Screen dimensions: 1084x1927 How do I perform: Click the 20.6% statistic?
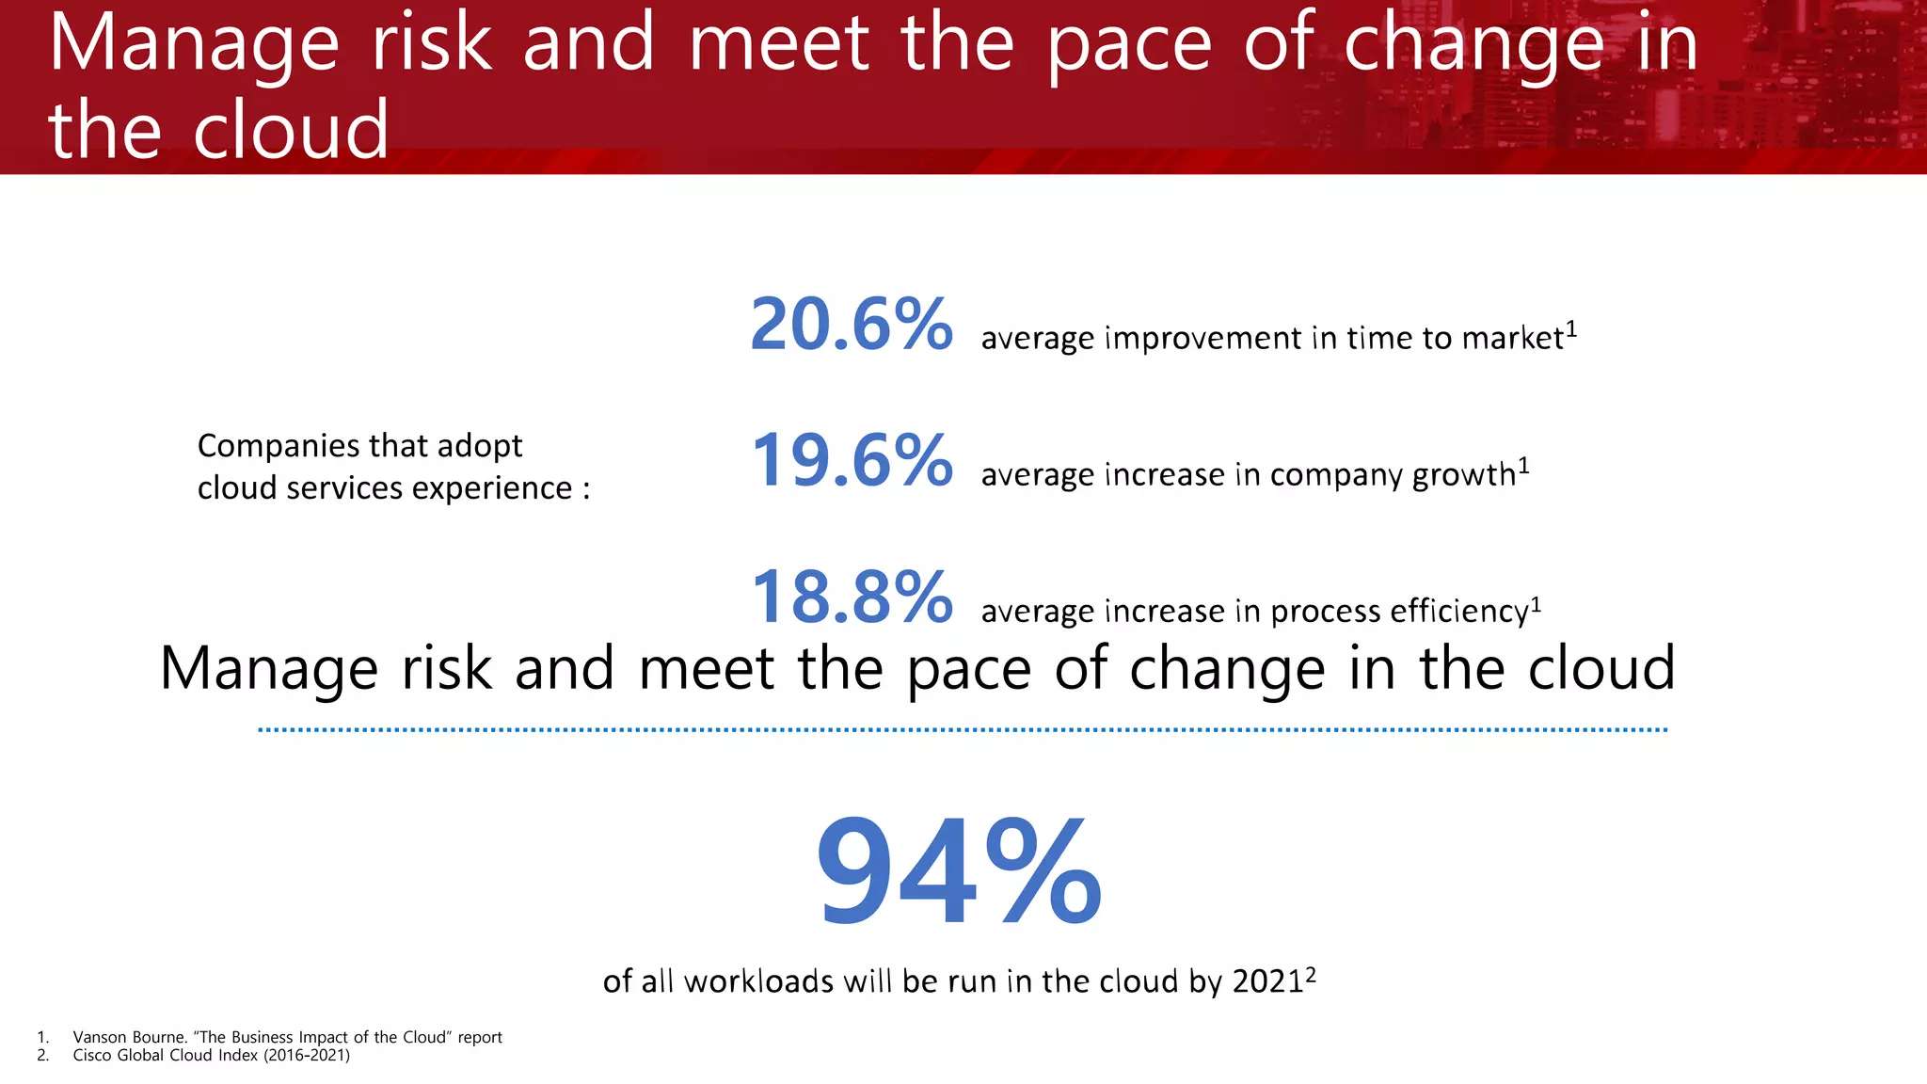(x=851, y=325)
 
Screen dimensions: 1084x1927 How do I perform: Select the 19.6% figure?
(x=851, y=461)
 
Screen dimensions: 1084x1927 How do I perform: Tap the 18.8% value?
(x=851, y=598)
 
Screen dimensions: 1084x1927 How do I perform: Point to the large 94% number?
(x=958, y=872)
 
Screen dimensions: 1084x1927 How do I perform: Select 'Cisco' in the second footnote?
(x=91, y=1055)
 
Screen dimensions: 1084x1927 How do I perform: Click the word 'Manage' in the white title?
(x=193, y=43)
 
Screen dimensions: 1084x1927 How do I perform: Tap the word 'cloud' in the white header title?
(x=291, y=130)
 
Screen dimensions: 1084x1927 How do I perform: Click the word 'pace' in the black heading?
(x=968, y=669)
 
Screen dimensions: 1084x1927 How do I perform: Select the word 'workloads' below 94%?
(x=758, y=981)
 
